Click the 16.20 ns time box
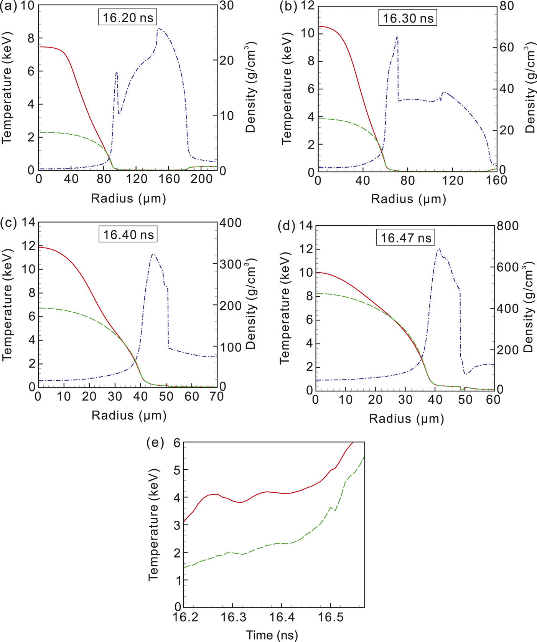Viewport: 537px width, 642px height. pos(128,18)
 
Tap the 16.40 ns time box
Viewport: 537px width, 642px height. pos(128,234)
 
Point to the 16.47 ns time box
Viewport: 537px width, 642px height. pos(406,238)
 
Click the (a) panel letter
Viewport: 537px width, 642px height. pos(8,7)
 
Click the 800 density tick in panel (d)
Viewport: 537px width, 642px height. pos(507,226)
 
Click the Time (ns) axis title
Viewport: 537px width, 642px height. pos(272,635)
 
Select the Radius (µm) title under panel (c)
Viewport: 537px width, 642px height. pos(129,415)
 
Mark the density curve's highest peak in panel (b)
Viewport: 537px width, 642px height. pos(397,36)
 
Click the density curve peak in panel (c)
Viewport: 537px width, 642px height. pos(153,254)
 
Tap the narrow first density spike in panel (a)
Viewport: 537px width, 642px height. pos(116,72)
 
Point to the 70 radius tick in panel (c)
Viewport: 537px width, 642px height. pos(217,396)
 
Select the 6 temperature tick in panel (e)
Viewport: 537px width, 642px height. pos(177,442)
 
